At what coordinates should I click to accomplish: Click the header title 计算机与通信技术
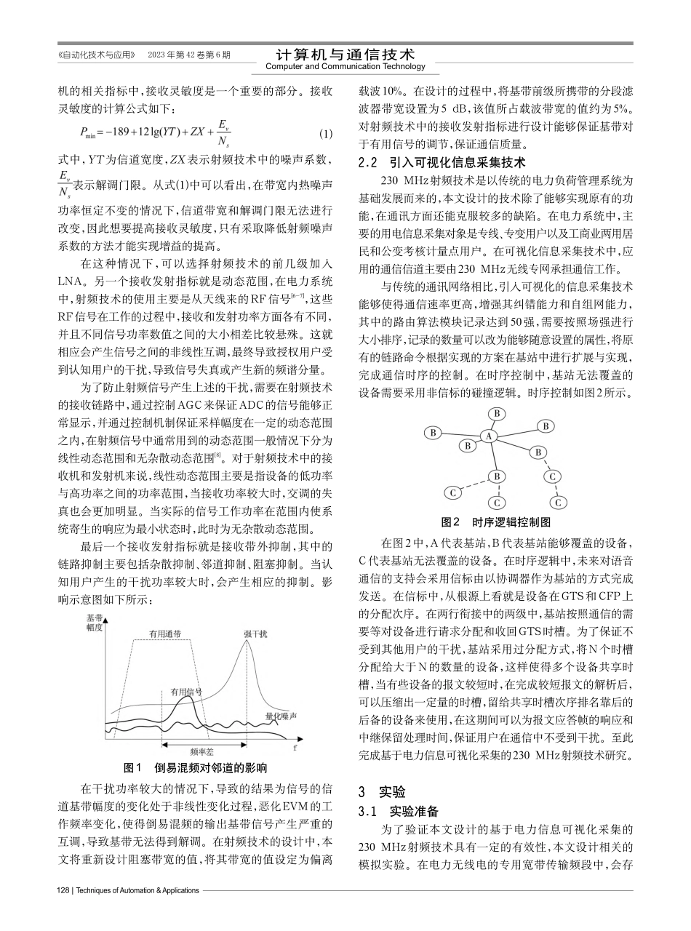pyautogui.click(x=345, y=55)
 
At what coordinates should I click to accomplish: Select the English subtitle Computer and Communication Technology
pyautogui.click(x=345, y=67)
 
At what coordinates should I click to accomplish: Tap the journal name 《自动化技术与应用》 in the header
pyautogui.click(x=97, y=55)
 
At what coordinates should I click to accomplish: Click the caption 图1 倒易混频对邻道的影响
pyautogui.click(x=196, y=767)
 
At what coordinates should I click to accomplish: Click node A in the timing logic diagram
pyautogui.click(x=490, y=436)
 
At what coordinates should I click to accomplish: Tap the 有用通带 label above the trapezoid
pyautogui.click(x=166, y=633)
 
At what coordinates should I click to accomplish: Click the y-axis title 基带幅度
pyautogui.click(x=95, y=622)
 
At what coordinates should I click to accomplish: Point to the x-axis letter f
pyautogui.click(x=295, y=747)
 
